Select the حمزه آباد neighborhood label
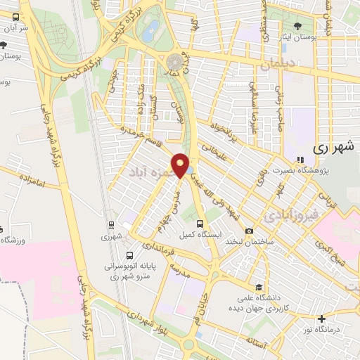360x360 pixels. tap(150, 171)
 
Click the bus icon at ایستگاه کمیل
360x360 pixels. tap(202, 224)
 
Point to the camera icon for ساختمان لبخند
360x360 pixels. tap(249, 231)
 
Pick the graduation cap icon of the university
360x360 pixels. tap(259, 287)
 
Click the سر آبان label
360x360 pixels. tap(14, 29)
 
